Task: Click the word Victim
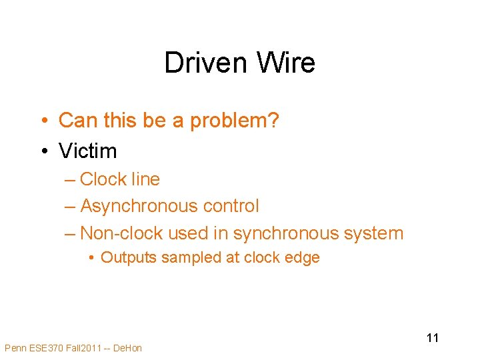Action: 88,151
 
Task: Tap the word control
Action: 231,207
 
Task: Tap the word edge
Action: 304,258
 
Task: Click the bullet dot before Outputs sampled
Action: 91,258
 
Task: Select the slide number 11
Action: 433,337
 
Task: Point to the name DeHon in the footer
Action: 128,348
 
